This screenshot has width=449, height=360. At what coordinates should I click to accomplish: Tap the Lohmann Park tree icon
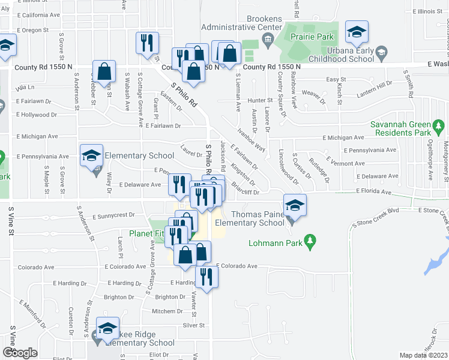pos(310,242)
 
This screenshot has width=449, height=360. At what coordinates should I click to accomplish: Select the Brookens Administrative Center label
pos(241,23)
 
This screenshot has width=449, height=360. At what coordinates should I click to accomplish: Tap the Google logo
pos(20,353)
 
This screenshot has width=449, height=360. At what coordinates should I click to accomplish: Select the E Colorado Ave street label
pos(237,266)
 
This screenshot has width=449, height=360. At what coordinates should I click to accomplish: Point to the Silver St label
pos(194,326)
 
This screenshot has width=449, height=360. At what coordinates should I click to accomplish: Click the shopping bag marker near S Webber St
pos(104,71)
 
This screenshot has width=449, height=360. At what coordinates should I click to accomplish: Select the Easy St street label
pos(336,79)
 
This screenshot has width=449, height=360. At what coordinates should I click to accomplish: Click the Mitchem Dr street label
pos(163,311)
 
